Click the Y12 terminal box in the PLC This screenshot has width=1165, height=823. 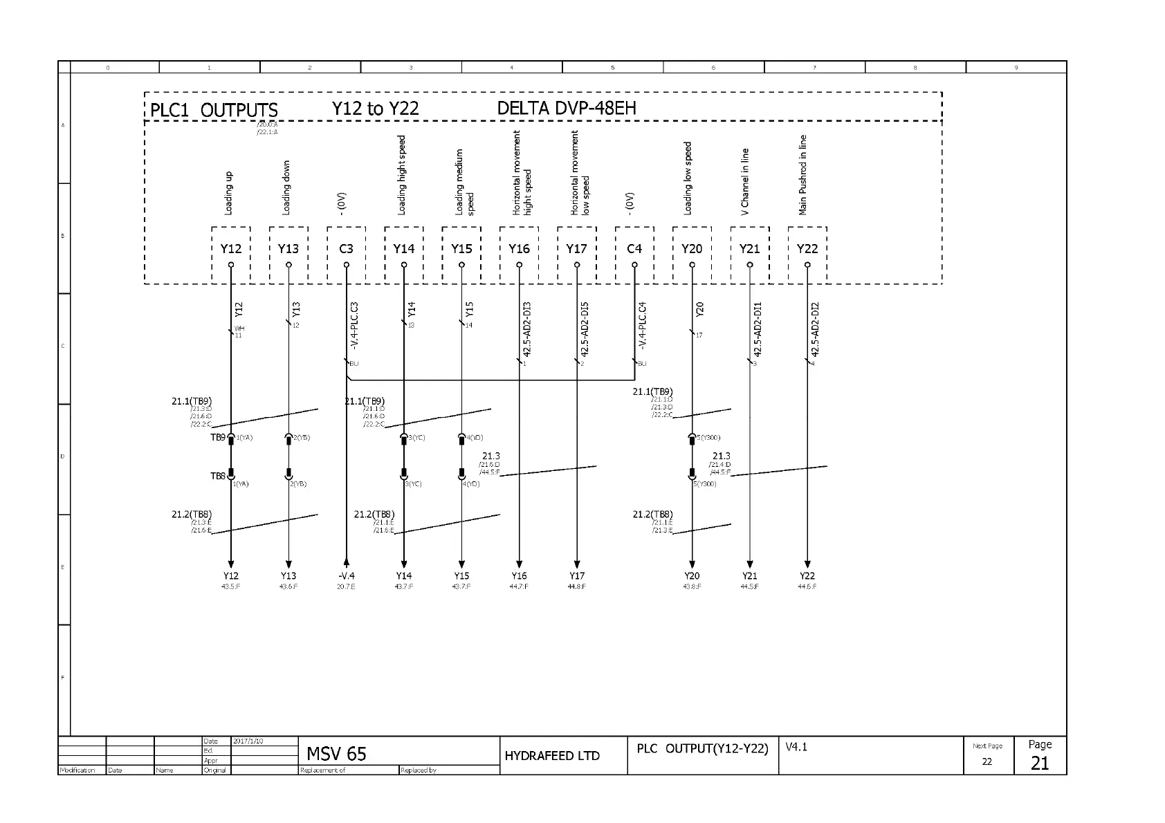click(x=231, y=249)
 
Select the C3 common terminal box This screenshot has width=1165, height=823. click(x=346, y=249)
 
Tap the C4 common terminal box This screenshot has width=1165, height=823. click(x=634, y=249)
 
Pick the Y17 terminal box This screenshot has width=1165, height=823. click(x=576, y=249)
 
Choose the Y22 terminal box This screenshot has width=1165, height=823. click(x=807, y=249)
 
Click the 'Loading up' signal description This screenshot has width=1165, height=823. click(x=229, y=194)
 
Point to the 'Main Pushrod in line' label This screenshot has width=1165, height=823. click(x=803, y=175)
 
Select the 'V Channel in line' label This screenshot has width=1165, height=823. click(x=745, y=182)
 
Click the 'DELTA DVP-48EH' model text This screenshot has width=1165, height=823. click(x=567, y=109)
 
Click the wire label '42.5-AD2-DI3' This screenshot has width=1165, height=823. click(x=527, y=329)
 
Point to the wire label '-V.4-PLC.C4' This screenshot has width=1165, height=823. click(x=643, y=325)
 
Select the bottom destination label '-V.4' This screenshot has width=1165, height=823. click(x=346, y=576)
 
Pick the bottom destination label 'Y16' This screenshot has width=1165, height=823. click(x=519, y=576)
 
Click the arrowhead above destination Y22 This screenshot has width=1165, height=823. click(x=807, y=564)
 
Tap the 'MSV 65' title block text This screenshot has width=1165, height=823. click(x=336, y=754)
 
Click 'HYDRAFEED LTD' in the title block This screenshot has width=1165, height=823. click(x=552, y=756)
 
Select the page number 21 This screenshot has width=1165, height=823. click(x=1040, y=764)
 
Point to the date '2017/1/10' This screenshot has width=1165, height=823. click(x=248, y=741)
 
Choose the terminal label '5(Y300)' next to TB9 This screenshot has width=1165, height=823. click(x=708, y=438)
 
